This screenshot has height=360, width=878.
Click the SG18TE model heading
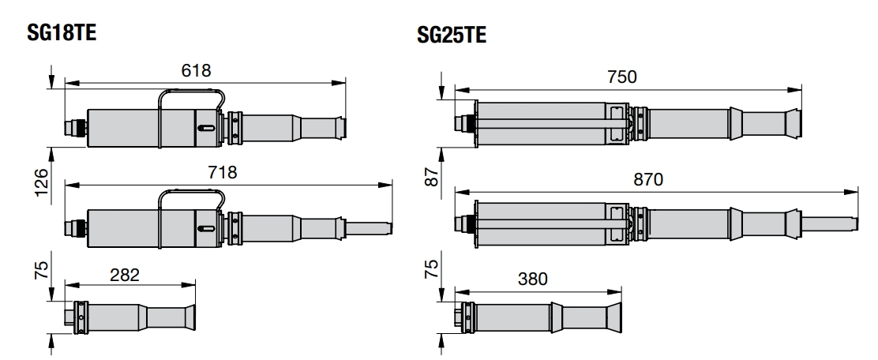[62, 32]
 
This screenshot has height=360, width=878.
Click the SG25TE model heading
[452, 35]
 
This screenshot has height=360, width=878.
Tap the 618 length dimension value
[197, 70]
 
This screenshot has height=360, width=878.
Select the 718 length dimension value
[223, 172]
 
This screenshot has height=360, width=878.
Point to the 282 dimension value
[124, 275]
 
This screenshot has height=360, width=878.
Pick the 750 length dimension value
[622, 77]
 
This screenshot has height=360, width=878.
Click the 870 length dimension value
[648, 179]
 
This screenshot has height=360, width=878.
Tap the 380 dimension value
[532, 278]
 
